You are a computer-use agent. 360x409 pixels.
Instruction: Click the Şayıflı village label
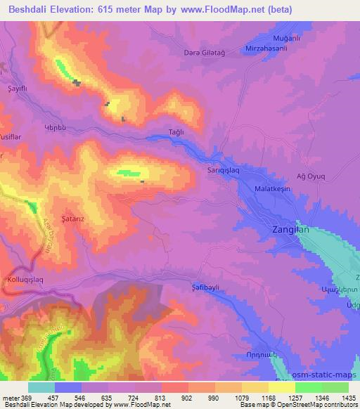coord(17,88)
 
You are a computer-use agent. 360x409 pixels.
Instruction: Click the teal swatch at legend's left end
coord(41,387)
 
